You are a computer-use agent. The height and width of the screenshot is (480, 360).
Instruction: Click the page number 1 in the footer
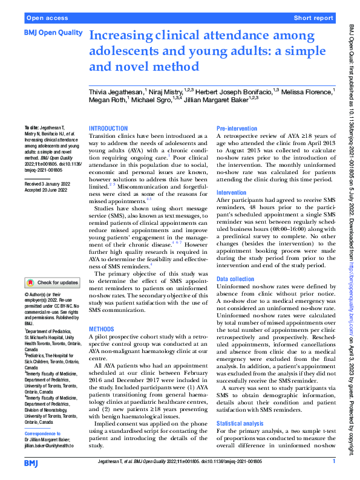tap(333, 461)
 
